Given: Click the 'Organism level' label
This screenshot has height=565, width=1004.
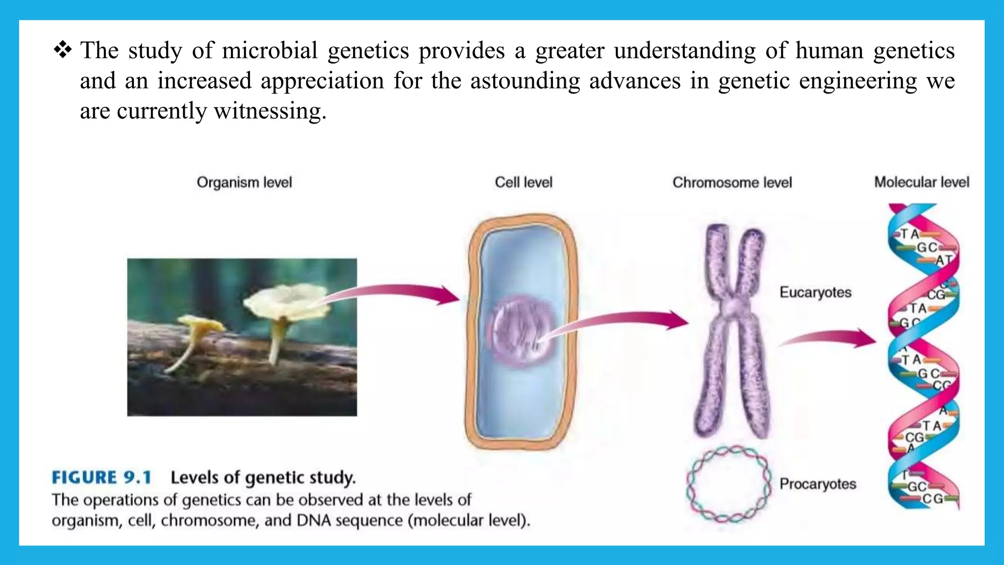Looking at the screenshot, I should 244,182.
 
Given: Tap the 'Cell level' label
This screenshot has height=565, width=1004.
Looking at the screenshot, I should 523,182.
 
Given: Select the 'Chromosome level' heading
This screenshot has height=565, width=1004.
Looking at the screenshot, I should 732,182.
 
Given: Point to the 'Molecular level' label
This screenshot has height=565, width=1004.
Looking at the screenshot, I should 922,182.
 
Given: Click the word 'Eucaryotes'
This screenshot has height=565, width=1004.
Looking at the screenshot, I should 815,292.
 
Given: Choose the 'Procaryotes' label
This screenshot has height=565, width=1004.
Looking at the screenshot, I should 818,484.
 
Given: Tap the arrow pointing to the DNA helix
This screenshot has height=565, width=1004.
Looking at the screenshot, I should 828,338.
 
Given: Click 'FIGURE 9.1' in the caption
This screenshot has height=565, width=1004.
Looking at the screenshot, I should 101,477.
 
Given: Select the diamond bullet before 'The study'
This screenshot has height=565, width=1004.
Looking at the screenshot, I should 63,50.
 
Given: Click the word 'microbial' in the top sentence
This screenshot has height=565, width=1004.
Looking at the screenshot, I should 270,51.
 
